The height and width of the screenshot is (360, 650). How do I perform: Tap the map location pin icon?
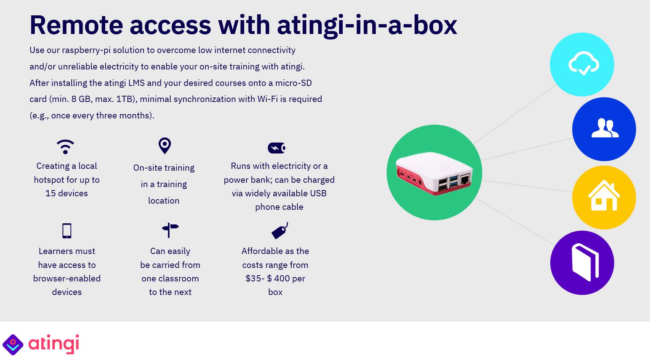point(165,145)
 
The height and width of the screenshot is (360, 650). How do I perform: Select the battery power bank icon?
point(277,148)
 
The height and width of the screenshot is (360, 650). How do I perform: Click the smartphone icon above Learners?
point(67,231)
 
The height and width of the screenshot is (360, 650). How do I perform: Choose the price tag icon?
point(280,231)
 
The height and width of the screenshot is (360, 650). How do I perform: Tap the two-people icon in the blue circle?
point(605,128)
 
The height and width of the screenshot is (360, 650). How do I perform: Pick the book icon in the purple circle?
point(585,262)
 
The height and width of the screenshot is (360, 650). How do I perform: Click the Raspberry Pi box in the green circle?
point(434,173)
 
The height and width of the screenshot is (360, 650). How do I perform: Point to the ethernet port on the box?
point(465,180)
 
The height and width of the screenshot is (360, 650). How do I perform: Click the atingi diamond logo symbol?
point(13,345)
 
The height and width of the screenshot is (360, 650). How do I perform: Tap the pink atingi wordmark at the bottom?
point(54,344)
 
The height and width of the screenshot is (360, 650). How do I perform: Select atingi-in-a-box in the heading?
point(367,26)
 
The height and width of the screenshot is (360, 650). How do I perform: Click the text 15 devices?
point(66,193)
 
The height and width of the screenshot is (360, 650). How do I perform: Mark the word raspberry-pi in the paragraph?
point(86,50)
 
